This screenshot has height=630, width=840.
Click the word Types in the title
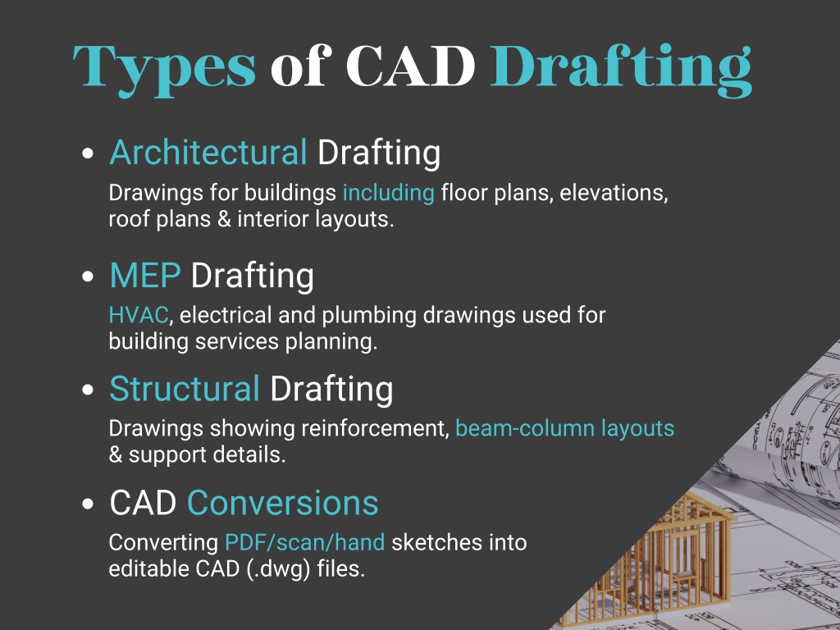(x=164, y=69)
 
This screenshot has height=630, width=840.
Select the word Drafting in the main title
(x=621, y=70)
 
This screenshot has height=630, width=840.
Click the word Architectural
(x=208, y=153)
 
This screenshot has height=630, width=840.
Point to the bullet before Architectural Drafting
(x=88, y=153)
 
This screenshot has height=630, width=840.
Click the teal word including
(x=388, y=194)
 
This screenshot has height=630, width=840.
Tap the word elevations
(x=614, y=193)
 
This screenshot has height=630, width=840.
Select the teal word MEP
(x=145, y=276)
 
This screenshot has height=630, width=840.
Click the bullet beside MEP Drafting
(x=88, y=276)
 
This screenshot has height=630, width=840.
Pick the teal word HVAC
(x=139, y=316)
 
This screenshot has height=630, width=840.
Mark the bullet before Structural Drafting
(x=88, y=390)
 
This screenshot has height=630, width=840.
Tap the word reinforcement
(x=375, y=428)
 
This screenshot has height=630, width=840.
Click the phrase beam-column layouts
(x=564, y=429)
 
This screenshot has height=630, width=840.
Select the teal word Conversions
(x=283, y=503)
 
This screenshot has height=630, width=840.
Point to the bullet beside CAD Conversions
(x=88, y=504)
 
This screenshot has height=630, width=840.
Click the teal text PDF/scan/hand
(x=305, y=543)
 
